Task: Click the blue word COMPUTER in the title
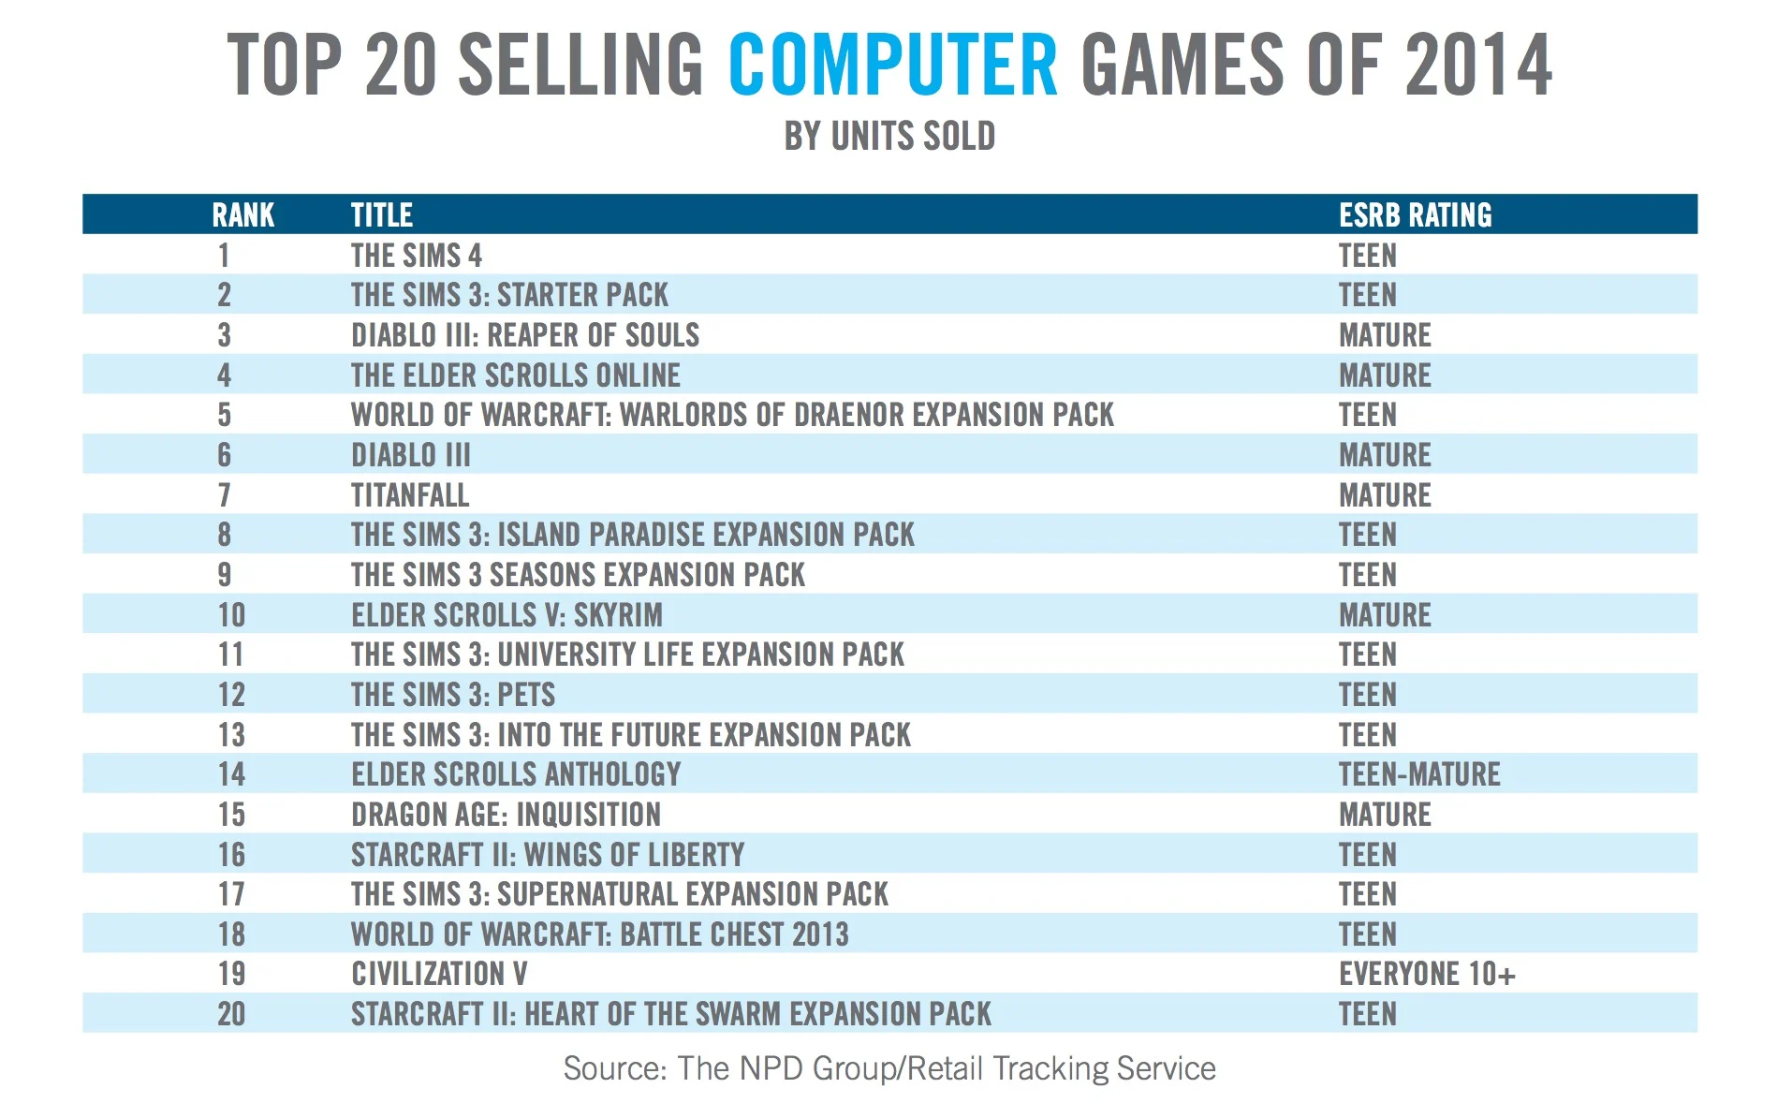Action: click(x=893, y=65)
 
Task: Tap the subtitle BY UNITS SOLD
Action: click(x=889, y=137)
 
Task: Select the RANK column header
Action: click(x=243, y=214)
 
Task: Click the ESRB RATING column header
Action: click(x=1415, y=214)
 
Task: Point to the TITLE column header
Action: click(x=382, y=214)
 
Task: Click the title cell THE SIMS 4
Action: click(x=417, y=255)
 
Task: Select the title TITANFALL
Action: click(x=410, y=494)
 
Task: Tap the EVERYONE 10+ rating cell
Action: click(x=1427, y=974)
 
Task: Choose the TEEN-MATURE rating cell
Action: click(x=1419, y=773)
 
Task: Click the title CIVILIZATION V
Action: click(x=439, y=974)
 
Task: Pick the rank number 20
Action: click(x=231, y=1013)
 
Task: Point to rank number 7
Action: click(x=225, y=494)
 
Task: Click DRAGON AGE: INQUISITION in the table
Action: click(x=506, y=814)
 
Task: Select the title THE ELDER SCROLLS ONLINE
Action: click(x=516, y=375)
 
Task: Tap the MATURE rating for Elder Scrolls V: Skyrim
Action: click(x=1385, y=614)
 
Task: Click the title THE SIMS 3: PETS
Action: click(x=453, y=694)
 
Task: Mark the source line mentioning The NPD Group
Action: click(x=889, y=1068)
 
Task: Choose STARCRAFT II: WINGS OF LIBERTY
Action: click(x=548, y=854)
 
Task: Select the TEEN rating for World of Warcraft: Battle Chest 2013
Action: click(x=1367, y=934)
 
